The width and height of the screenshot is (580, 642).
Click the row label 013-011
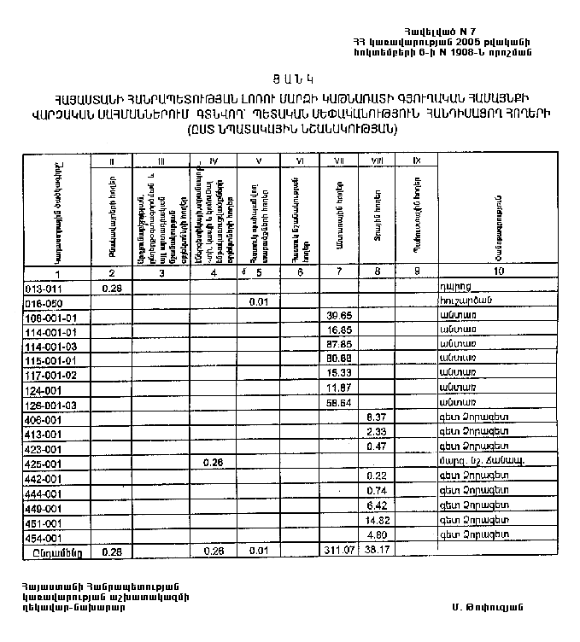(41, 289)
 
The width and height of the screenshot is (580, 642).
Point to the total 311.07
(339, 552)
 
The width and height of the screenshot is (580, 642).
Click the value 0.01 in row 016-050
(259, 301)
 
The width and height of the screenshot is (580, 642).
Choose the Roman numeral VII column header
(337, 161)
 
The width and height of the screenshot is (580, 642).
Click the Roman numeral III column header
(160, 161)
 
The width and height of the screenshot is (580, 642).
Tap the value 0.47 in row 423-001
(377, 446)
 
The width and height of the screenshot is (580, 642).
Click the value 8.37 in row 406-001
(377, 417)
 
